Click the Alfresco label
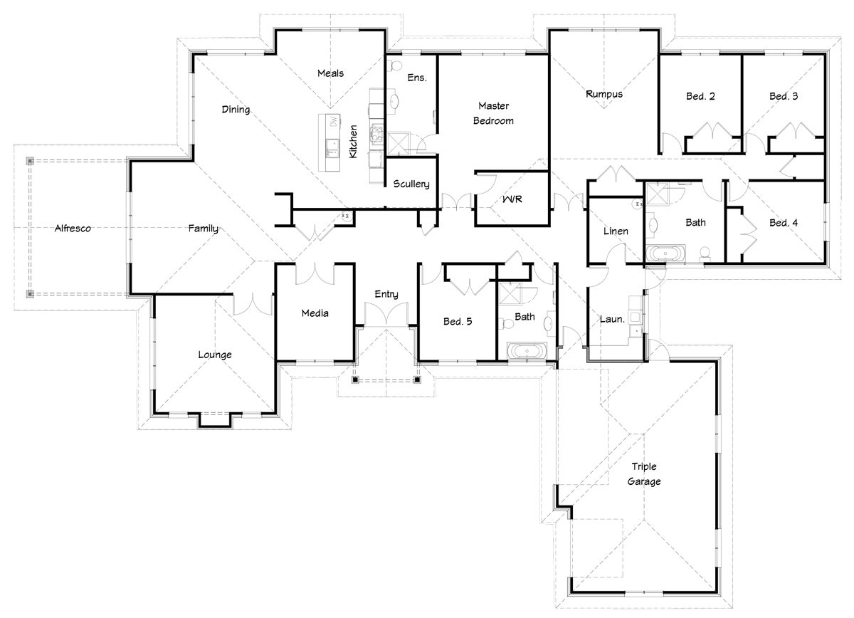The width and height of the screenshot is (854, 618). (x=73, y=228)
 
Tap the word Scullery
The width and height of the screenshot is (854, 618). (x=411, y=184)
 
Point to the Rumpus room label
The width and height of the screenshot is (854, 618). (x=604, y=94)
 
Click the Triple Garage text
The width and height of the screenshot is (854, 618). (x=644, y=473)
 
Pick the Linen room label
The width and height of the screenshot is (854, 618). (x=616, y=231)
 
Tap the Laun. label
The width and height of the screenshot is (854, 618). (x=612, y=319)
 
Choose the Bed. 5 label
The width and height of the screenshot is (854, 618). (x=458, y=321)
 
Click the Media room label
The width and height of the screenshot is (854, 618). (x=315, y=313)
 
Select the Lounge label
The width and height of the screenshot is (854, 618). (x=215, y=355)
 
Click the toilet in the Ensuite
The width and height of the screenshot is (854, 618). (x=394, y=66)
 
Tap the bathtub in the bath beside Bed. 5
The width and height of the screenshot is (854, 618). (x=527, y=351)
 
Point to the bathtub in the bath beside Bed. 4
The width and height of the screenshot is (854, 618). (x=665, y=253)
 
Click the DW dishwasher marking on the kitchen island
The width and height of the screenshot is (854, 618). (x=334, y=121)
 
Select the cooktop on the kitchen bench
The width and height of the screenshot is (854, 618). (x=376, y=135)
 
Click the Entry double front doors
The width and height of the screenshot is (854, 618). (x=386, y=314)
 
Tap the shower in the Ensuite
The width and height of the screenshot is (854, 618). (x=399, y=144)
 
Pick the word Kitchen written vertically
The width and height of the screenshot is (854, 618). (x=353, y=141)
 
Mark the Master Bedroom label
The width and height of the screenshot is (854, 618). (x=493, y=113)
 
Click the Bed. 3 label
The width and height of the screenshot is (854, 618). (x=784, y=96)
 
